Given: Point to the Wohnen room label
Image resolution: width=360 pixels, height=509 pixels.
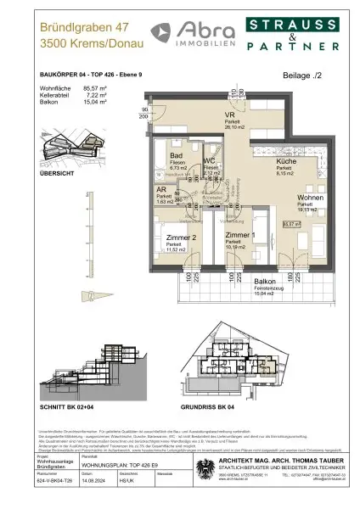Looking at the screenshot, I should click(x=308, y=198).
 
